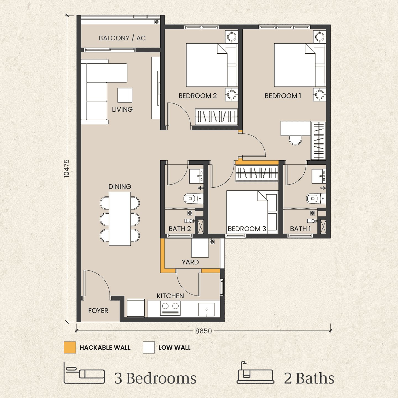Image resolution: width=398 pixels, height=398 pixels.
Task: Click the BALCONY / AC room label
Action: tap(122, 38)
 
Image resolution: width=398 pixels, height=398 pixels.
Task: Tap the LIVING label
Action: tap(122, 109)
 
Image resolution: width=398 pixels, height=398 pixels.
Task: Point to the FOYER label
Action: tap(98, 311)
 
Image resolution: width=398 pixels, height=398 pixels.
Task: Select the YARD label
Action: tap(190, 262)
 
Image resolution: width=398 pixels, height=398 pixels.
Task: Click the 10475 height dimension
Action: tap(67, 169)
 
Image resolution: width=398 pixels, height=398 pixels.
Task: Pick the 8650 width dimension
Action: tap(203, 331)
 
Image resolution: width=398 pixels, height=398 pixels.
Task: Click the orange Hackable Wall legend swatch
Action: tap(70, 347)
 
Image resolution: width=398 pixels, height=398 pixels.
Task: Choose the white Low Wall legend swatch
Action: tap(149, 347)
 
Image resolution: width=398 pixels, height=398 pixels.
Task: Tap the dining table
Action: tap(120, 219)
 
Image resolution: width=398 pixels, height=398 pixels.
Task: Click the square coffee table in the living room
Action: tap(125, 95)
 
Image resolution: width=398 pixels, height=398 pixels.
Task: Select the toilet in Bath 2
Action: tap(193, 199)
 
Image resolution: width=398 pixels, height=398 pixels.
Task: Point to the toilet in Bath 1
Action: tap(316, 199)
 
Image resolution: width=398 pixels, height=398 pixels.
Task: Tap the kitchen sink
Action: tap(206, 310)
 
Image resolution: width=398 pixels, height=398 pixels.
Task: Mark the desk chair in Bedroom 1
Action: tap(295, 140)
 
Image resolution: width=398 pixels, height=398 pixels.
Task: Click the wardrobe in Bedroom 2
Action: tap(216, 117)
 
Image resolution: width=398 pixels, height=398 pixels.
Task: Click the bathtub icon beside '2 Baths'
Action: tap(255, 372)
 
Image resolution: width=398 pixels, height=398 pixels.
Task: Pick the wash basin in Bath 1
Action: tap(319, 176)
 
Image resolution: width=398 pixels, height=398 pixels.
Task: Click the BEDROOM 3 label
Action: tap(247, 229)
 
